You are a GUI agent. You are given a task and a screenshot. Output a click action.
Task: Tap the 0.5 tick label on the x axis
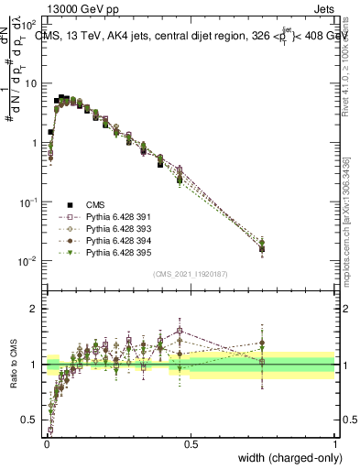click(x=191, y=443)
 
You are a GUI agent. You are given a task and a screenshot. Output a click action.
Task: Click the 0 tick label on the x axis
click(x=46, y=443)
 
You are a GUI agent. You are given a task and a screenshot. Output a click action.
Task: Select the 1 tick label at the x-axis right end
click(x=335, y=443)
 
